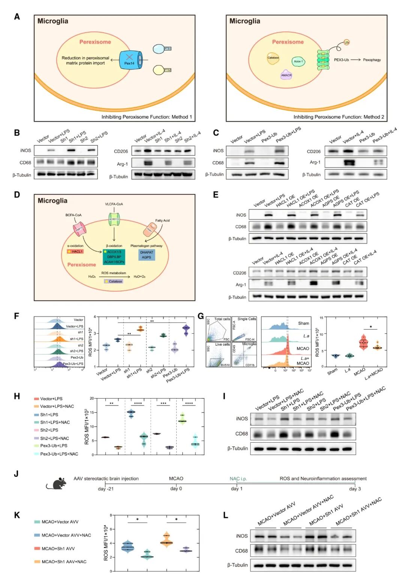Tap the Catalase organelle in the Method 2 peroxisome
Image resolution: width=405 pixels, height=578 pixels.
click(x=273, y=58)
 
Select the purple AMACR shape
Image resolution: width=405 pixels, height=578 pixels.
click(x=286, y=75)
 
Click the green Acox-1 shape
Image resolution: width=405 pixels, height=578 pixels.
click(x=298, y=61)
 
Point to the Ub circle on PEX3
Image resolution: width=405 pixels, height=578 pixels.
click(x=346, y=42)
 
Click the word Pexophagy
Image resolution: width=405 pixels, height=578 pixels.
click(x=372, y=60)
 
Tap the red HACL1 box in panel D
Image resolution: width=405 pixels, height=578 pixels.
click(x=75, y=252)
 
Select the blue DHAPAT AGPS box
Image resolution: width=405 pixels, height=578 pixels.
click(x=146, y=255)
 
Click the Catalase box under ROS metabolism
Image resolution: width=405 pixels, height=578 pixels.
click(x=114, y=281)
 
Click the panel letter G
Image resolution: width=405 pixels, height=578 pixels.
click(x=201, y=316)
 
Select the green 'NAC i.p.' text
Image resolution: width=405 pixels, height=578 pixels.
click(x=238, y=479)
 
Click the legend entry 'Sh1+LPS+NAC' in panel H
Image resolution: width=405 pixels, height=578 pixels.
click(x=55, y=422)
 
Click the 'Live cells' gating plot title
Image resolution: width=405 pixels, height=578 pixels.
click(x=222, y=344)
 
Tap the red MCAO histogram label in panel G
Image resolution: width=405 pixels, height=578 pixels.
click(x=303, y=349)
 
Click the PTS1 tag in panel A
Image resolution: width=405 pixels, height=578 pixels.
click(x=167, y=49)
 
